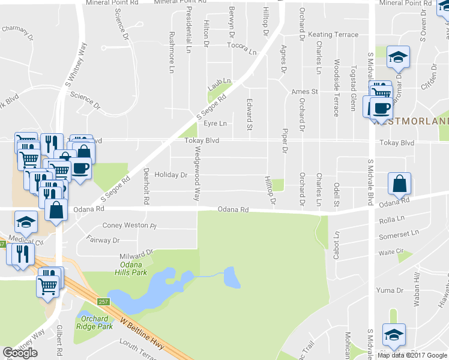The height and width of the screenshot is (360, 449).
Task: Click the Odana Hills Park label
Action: point(130,268)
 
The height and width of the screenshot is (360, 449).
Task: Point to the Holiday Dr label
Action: point(171,175)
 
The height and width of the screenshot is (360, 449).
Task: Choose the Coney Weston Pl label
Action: point(129,226)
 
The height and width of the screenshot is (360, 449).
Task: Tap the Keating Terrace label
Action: point(333,35)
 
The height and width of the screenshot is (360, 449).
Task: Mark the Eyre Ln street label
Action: point(215,124)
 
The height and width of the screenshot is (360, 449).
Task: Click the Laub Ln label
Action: point(219,81)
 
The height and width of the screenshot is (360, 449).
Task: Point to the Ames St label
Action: point(304,92)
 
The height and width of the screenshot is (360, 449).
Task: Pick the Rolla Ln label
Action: point(393,221)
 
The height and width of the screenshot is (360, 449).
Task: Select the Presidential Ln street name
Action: point(188,28)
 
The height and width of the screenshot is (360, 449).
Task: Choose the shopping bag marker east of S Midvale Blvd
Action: point(399,184)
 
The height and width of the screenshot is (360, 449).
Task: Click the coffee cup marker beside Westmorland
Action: point(382,108)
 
